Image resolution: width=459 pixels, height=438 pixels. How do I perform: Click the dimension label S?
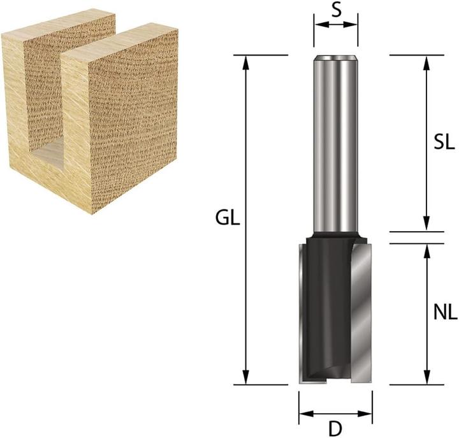pos(335,10)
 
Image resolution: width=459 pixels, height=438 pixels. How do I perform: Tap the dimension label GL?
pos(227,219)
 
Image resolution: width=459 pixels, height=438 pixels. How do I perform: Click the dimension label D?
pos(335,427)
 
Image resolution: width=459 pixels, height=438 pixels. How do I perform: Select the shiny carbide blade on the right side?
pos(360,313)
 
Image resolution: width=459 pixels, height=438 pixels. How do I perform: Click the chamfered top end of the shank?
pos(335,58)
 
